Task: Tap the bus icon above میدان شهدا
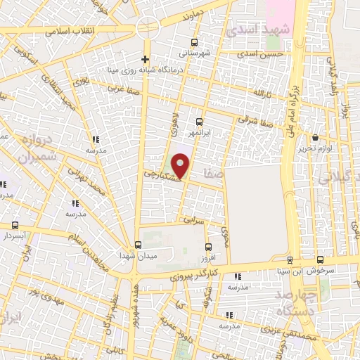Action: [138, 245]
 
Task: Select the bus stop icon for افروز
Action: [208, 246]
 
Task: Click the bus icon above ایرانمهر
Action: [200, 122]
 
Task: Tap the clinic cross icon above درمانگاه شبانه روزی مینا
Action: [145, 59]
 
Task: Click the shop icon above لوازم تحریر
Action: [315, 138]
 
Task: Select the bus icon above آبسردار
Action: [15, 226]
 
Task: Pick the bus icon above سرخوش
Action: [321, 259]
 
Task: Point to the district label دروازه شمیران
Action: [36, 150]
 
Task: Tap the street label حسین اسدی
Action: [260, 54]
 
